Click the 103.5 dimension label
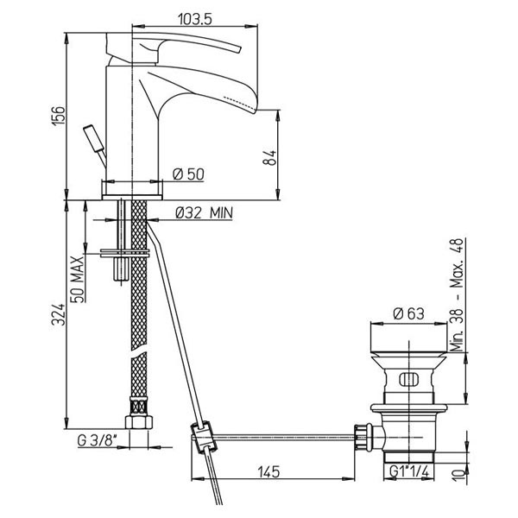(x=194, y=19)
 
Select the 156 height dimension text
(x=59, y=116)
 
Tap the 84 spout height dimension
(x=269, y=158)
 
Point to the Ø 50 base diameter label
(x=188, y=174)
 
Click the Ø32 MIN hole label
(x=204, y=213)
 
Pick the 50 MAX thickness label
(x=78, y=279)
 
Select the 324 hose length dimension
(x=59, y=314)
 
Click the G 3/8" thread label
(x=98, y=440)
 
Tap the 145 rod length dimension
(x=268, y=471)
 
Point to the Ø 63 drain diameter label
(x=408, y=313)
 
